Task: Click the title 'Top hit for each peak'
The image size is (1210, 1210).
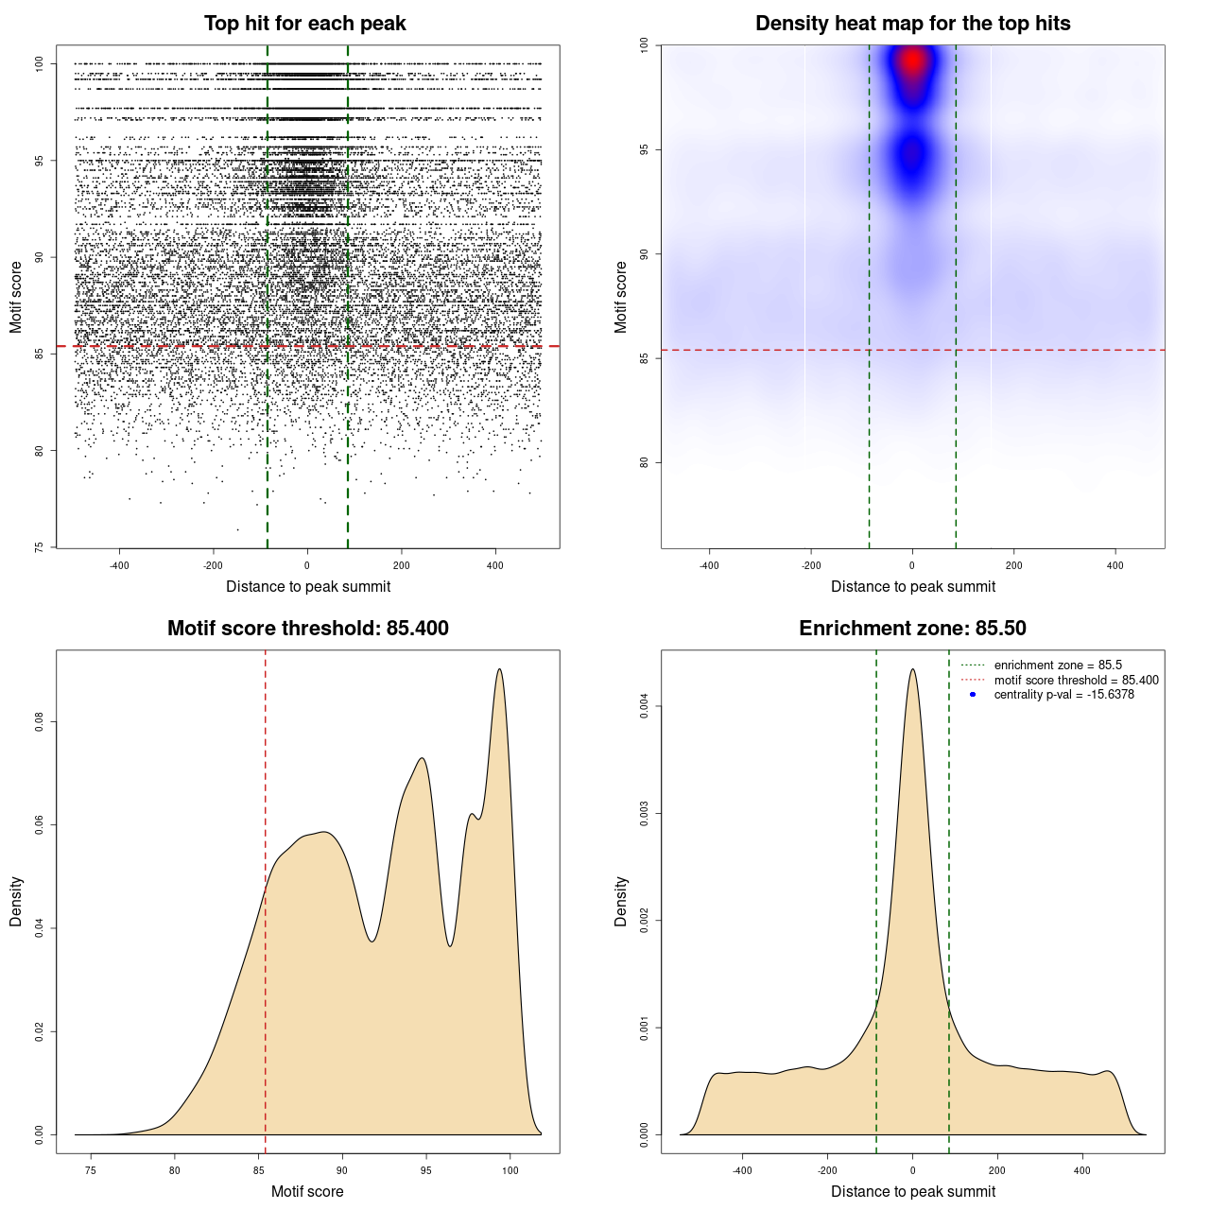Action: (305, 24)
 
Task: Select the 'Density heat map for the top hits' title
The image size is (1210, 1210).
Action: (912, 24)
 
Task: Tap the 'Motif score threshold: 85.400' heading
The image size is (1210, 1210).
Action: (307, 629)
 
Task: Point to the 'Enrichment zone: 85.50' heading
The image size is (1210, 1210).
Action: (912, 629)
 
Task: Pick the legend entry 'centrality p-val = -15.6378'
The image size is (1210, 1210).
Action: (1063, 695)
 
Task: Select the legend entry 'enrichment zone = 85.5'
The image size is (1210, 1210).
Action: (1058, 665)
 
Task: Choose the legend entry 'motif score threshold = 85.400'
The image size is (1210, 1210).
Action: (1076, 680)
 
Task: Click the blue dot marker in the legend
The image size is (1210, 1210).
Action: (973, 695)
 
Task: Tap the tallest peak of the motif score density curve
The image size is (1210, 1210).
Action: (499, 669)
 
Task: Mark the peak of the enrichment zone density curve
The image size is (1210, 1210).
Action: (912, 669)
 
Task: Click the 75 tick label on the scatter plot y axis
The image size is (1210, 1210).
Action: (39, 547)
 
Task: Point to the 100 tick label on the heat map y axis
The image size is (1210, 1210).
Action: (644, 45)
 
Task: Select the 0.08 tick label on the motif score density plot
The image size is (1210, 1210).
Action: (39, 722)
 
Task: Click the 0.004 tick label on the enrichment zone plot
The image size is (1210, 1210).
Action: (644, 706)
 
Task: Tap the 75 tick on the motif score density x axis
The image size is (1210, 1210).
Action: (91, 1170)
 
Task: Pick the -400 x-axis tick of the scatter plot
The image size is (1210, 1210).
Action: (119, 565)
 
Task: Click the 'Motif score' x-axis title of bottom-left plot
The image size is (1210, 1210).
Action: (307, 1191)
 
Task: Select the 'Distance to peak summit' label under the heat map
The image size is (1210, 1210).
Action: (912, 586)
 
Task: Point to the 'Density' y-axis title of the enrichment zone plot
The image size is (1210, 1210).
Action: (621, 901)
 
